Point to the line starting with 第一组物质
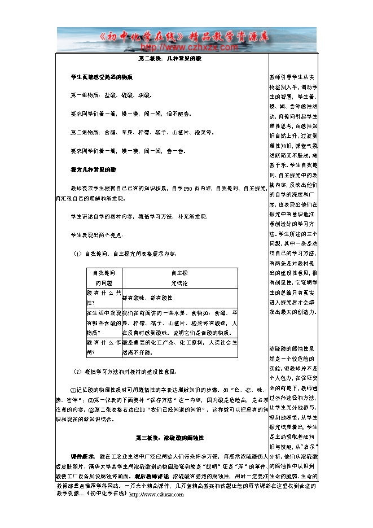(107, 95)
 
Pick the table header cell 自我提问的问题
(103, 277)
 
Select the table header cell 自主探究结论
(178, 277)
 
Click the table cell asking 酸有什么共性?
(103, 297)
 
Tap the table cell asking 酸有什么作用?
(103, 347)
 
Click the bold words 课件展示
(82, 455)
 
